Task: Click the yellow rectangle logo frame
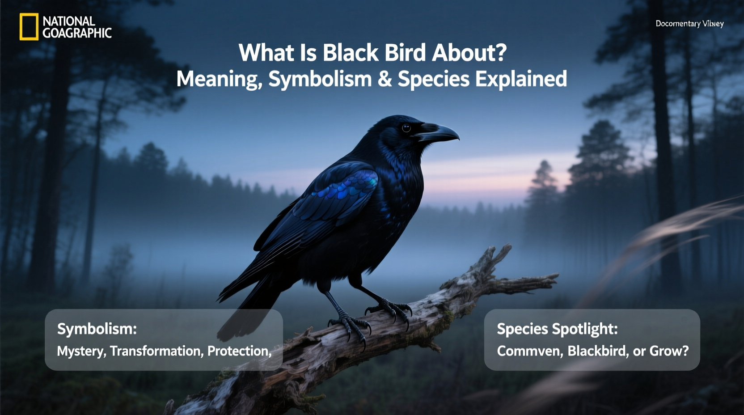tap(29, 27)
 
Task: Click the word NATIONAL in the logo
tap(69, 21)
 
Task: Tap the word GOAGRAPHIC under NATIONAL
tap(77, 33)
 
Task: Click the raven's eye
tap(406, 128)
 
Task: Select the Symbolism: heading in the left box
tap(97, 329)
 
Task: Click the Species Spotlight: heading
tap(557, 329)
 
